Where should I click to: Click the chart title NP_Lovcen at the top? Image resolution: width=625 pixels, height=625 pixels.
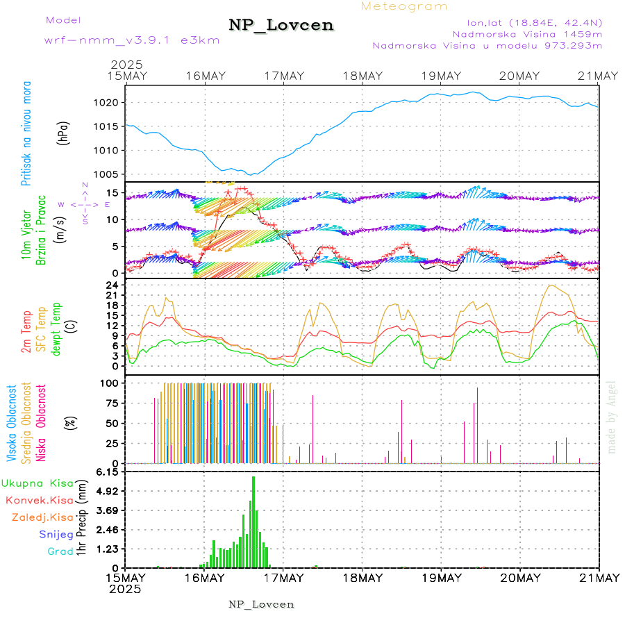(281, 25)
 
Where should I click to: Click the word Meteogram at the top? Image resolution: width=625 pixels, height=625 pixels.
(404, 6)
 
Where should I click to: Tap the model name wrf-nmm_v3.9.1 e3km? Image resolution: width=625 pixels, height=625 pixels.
(132, 40)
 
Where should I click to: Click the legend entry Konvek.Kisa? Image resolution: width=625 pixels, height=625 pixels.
(40, 500)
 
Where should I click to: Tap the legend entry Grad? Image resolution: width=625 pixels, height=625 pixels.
(60, 551)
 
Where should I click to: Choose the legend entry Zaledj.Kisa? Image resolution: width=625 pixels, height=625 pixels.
(42, 517)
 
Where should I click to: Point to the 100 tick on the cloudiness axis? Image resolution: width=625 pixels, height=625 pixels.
(110, 383)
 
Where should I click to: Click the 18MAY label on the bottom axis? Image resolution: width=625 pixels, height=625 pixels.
(362, 578)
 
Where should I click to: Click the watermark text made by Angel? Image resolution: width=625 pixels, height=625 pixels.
(612, 417)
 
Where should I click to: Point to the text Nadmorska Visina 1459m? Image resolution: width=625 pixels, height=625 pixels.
(527, 33)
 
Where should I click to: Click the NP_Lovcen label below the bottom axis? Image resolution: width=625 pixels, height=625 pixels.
(261, 604)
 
